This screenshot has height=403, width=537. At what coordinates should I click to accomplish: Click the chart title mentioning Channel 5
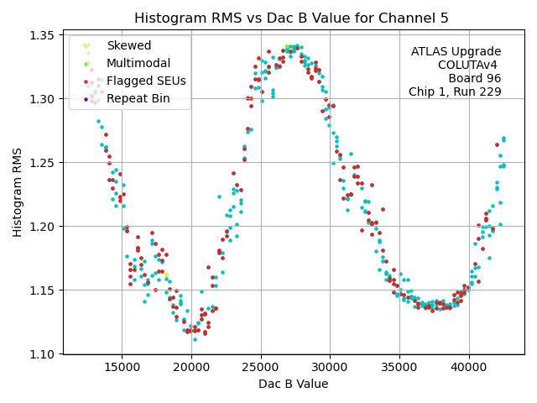(291, 18)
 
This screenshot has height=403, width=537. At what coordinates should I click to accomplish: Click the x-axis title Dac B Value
(293, 385)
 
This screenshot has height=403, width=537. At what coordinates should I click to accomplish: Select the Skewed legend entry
(128, 45)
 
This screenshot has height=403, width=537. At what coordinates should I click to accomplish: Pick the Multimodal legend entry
(138, 63)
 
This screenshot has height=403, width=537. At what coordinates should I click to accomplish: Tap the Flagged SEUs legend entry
(146, 81)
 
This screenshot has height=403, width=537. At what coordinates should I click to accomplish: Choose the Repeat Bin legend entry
(138, 98)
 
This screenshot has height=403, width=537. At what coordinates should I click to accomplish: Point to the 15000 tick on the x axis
(122, 366)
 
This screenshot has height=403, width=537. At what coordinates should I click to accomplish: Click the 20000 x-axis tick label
(191, 366)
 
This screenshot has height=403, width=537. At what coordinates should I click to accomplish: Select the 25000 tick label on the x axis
(260, 366)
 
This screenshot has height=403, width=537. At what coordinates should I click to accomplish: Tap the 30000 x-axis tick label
(330, 366)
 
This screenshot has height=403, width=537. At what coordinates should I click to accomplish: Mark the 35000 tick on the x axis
(399, 366)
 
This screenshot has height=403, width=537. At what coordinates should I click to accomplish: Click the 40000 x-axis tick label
(468, 366)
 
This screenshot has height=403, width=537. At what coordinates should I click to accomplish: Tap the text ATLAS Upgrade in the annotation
(456, 52)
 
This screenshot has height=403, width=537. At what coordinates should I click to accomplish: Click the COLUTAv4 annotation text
(469, 65)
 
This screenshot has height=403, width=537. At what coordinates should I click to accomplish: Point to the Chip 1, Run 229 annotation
(455, 92)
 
